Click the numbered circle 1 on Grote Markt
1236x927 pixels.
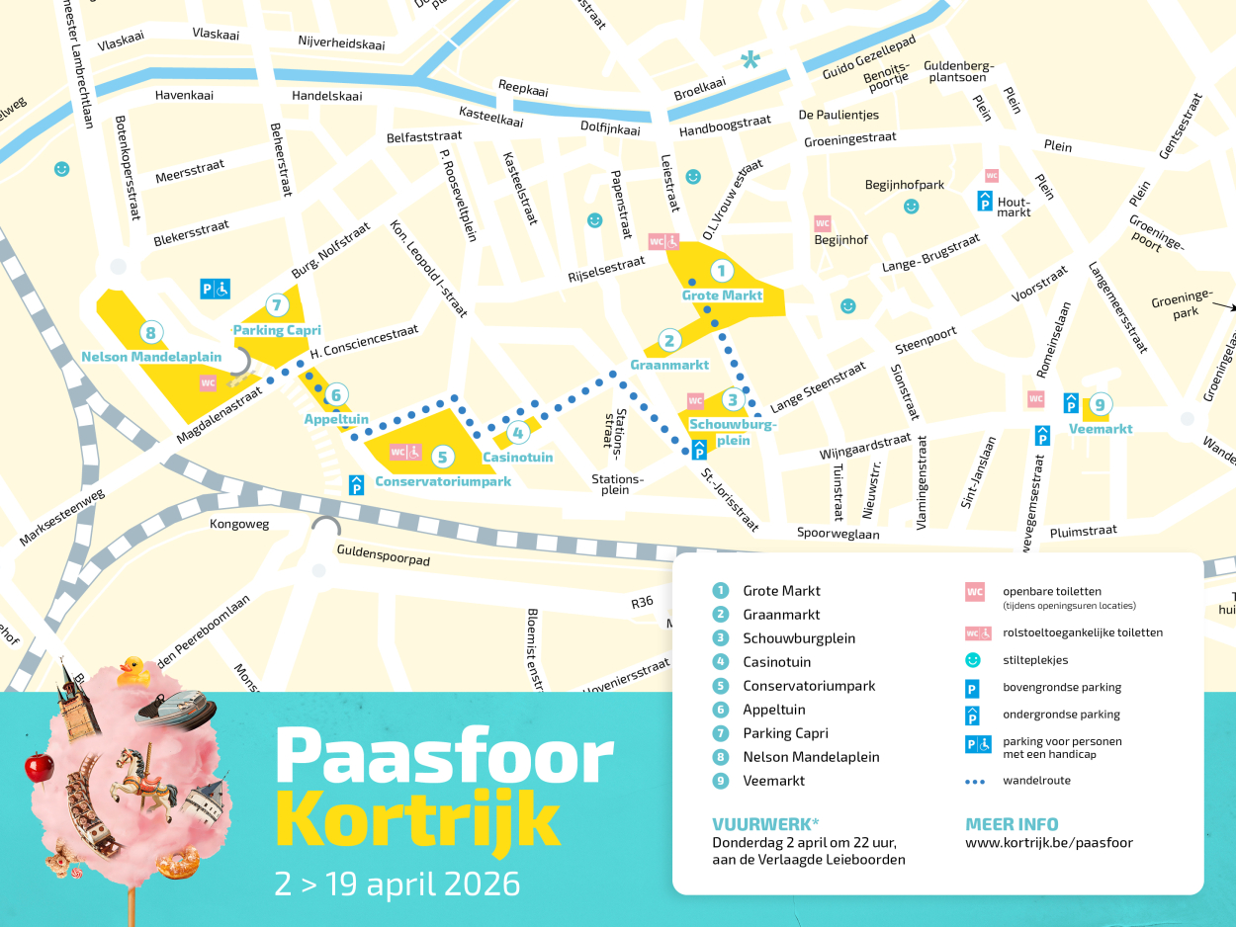[x=721, y=271]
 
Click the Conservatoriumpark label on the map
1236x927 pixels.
[x=443, y=482]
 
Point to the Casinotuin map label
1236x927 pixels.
[x=517, y=458]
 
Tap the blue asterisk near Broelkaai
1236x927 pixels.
[x=750, y=61]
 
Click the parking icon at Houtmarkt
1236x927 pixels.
[x=985, y=201]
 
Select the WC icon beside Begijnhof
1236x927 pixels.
[x=822, y=223]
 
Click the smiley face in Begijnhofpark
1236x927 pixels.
[x=911, y=207]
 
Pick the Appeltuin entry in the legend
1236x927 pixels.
[x=773, y=710]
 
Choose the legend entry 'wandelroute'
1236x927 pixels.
[x=1036, y=781]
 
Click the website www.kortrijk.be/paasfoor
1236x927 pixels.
[x=1048, y=843]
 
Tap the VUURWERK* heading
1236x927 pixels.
[x=765, y=824]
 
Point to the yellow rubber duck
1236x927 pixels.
[x=133, y=673]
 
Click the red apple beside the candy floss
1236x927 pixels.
[x=39, y=766]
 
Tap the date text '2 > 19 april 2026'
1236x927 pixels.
[x=397, y=884]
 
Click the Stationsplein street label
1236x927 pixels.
[x=616, y=484]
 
